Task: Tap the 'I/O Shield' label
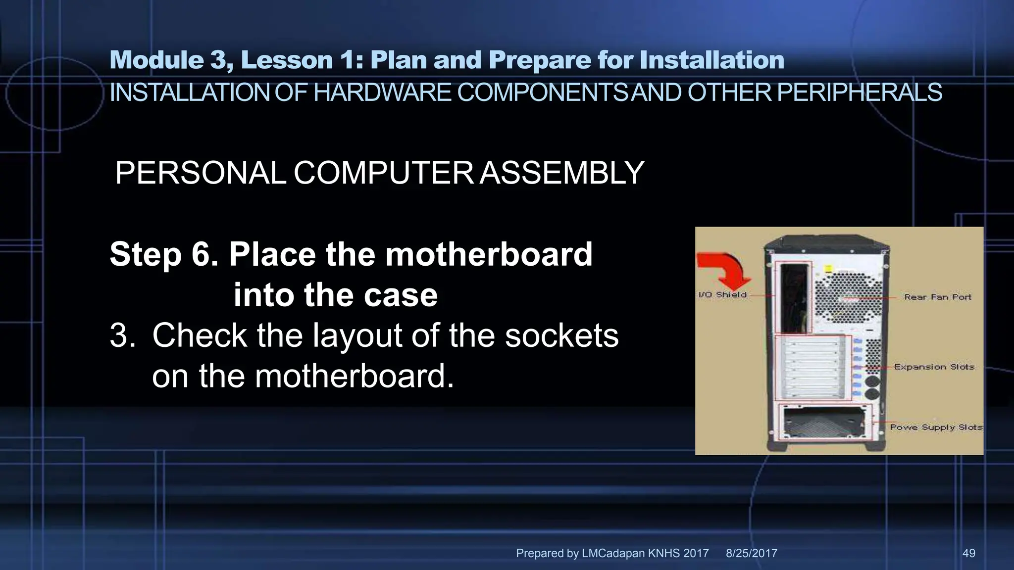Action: (722, 295)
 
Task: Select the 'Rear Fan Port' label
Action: (938, 297)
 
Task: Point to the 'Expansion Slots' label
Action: (934, 367)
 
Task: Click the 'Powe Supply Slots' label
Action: (936, 427)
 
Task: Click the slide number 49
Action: (968, 553)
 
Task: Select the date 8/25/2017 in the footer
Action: (751, 553)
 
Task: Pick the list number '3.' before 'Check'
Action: (122, 335)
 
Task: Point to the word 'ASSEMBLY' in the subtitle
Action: (562, 173)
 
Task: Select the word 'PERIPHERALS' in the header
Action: (859, 93)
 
